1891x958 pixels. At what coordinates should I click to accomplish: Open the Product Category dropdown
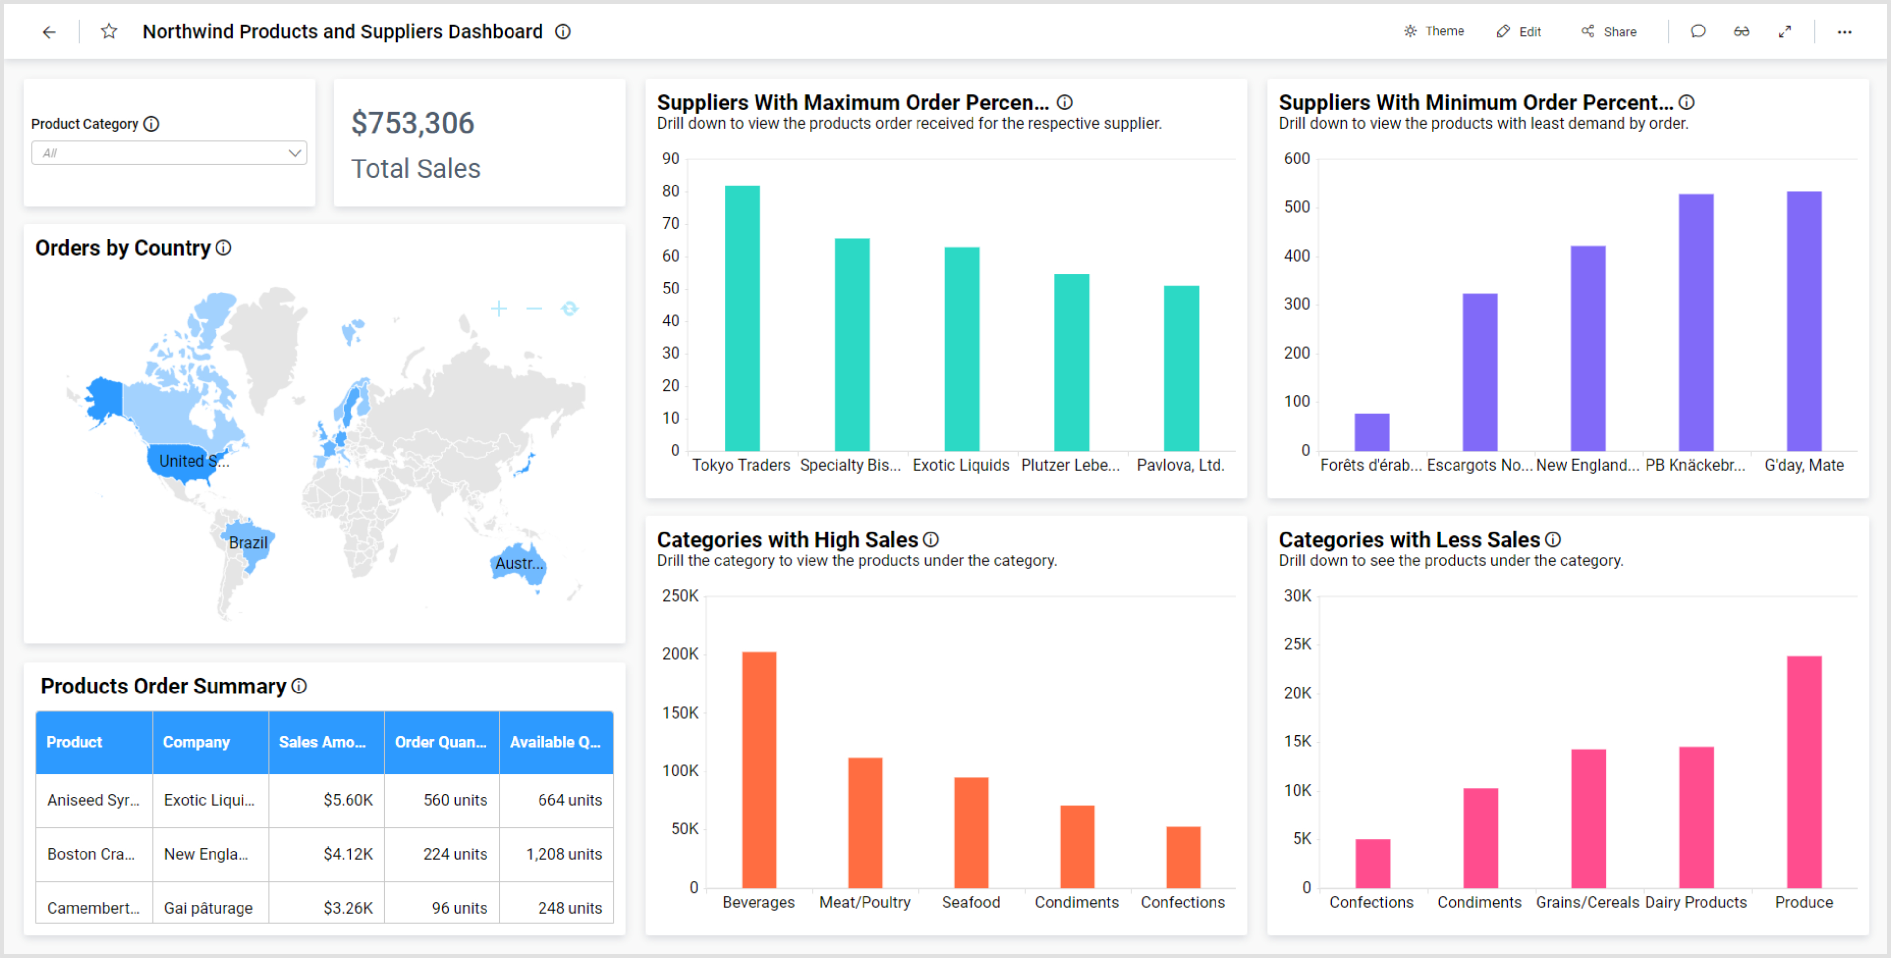(x=169, y=153)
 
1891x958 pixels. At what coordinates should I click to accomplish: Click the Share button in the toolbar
(x=1609, y=31)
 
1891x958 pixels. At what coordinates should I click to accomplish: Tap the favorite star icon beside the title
(x=108, y=31)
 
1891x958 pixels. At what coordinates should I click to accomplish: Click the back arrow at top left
(x=49, y=31)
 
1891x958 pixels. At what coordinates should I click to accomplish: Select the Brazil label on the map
(x=247, y=542)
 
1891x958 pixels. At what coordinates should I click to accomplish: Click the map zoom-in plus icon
(x=498, y=308)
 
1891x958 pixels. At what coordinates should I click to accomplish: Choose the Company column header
(x=196, y=742)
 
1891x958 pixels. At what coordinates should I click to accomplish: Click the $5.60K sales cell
(x=348, y=799)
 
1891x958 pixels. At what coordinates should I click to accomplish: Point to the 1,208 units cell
(x=563, y=854)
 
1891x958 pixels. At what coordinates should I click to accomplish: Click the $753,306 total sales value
(x=412, y=123)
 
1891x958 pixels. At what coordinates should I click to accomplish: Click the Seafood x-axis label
(x=971, y=902)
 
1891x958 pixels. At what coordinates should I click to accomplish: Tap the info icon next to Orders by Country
(x=224, y=248)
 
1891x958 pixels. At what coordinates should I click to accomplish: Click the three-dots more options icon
(x=1844, y=31)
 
